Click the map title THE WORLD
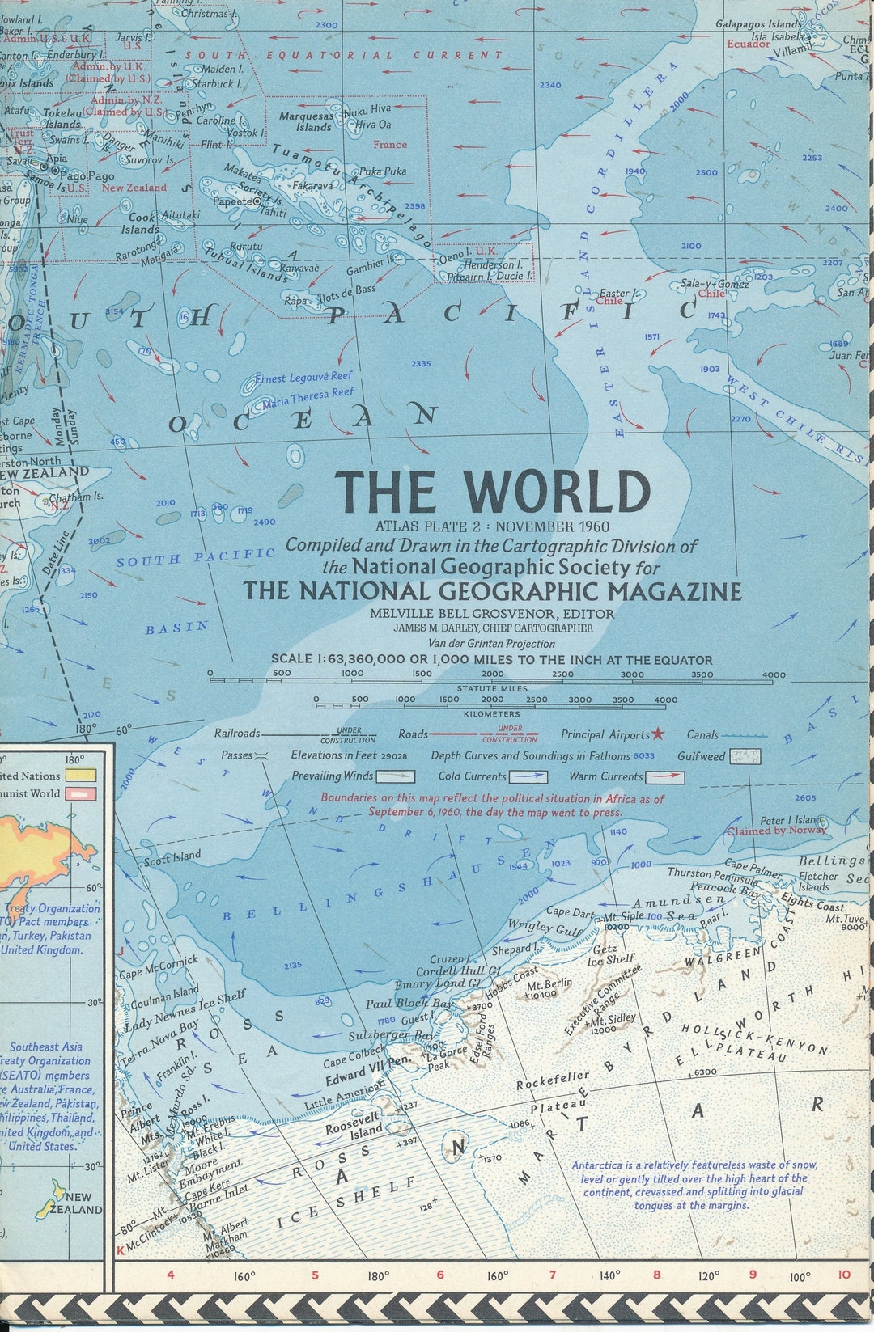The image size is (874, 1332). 493,491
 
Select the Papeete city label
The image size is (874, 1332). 232,201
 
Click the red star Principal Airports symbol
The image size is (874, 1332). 658,734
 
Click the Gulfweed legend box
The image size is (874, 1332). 745,757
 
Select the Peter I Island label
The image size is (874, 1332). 791,820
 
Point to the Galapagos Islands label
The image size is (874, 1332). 758,24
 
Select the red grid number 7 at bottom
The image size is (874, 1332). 553,1275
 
